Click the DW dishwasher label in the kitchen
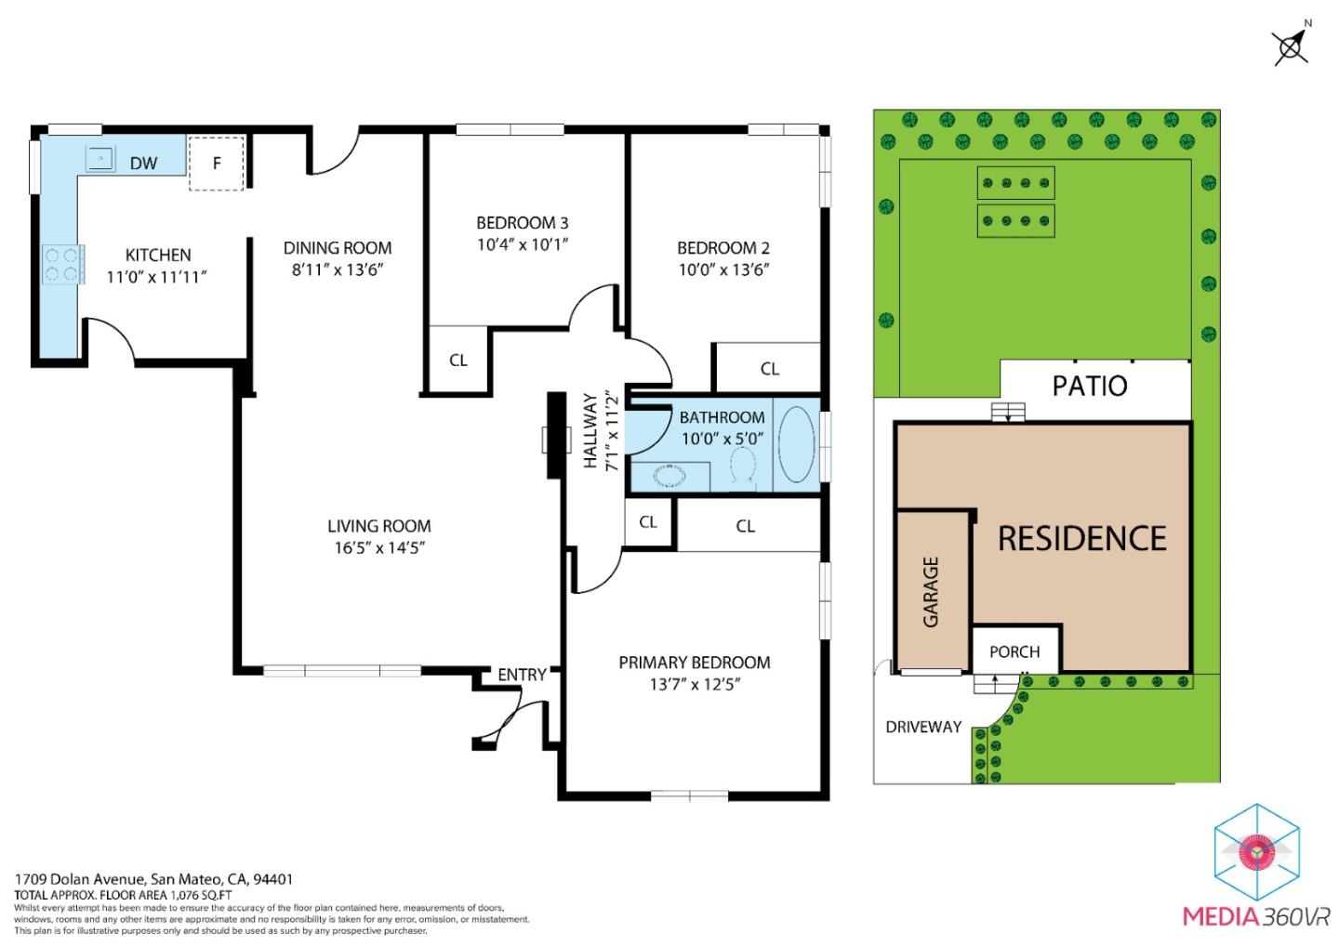point(143,164)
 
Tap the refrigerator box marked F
point(217,164)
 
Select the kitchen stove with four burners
point(62,262)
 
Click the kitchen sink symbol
point(99,160)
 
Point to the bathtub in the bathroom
point(796,444)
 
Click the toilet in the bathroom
point(743,466)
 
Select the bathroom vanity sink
point(669,477)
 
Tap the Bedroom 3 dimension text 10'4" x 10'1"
point(522,245)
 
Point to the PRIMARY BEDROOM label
point(695,663)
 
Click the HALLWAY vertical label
point(590,431)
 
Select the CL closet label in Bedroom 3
point(458,361)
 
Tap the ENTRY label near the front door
point(522,675)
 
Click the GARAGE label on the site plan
point(931,592)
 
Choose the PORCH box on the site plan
point(1014,651)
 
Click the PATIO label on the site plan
point(1089,386)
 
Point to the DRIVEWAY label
point(922,727)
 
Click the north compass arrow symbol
point(1291,45)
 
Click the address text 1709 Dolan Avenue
point(79,879)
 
